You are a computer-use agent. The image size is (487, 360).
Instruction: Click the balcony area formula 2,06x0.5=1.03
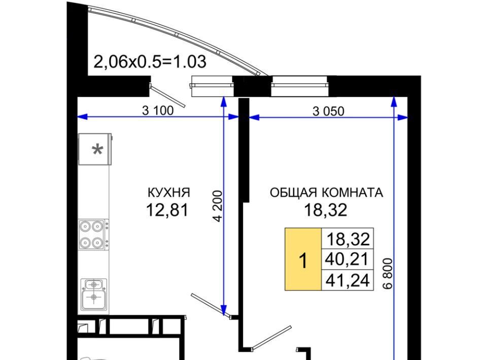150,62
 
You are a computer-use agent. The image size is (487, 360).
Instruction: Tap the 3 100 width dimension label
158,111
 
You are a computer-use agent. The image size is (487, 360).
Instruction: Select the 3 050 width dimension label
328,112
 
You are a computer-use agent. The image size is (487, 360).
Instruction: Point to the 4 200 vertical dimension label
218,206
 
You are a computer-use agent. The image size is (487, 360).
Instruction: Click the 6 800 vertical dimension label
388,273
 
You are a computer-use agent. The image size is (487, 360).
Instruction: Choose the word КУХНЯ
168,192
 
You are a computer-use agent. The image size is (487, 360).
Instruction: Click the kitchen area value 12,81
167,210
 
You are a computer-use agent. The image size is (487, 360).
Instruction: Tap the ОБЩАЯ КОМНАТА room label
326,193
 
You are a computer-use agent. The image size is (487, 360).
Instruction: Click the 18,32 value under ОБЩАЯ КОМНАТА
326,210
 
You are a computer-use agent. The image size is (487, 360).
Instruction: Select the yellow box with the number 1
303,259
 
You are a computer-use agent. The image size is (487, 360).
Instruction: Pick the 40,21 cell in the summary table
346,259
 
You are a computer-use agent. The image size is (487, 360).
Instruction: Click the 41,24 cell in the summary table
347,280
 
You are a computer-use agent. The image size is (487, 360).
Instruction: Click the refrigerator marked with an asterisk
95,149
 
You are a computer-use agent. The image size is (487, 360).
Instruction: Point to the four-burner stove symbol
93,234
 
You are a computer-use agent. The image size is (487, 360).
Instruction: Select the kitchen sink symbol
94,295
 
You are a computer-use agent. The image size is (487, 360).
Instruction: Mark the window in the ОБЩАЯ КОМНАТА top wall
299,86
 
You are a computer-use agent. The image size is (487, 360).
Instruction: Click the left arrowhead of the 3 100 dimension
82,117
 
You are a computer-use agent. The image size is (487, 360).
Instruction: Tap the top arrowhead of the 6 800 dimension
394,101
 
